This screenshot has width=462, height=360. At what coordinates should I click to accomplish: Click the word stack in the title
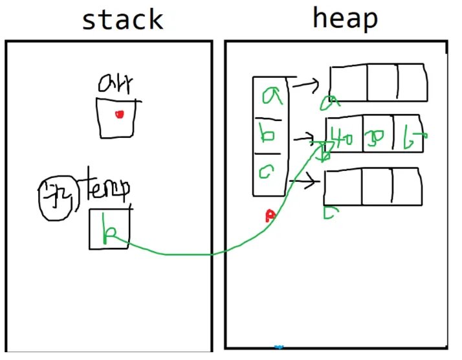tap(122, 19)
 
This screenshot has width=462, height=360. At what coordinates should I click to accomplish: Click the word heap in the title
tap(344, 18)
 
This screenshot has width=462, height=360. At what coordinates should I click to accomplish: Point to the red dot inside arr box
tap(119, 115)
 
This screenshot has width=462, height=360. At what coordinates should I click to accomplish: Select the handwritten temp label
tap(104, 188)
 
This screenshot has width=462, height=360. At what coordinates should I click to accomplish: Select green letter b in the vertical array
tap(269, 135)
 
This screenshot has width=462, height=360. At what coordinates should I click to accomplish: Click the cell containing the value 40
tap(343, 135)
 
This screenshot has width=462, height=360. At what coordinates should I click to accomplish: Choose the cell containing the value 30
tap(377, 135)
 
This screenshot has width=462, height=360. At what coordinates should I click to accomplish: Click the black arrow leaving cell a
tap(307, 83)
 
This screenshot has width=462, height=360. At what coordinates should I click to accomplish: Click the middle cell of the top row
tap(382, 82)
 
